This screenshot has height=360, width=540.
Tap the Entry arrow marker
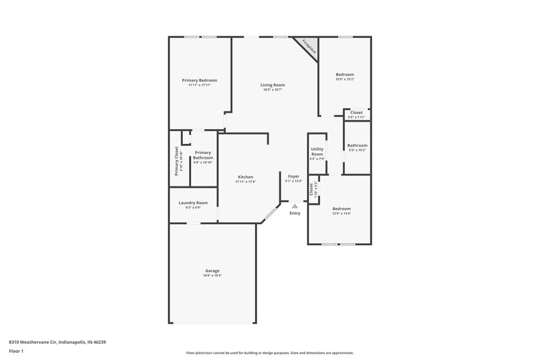(x=294, y=206)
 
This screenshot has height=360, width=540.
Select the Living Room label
(x=273, y=85)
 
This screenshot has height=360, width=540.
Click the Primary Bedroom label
(x=199, y=80)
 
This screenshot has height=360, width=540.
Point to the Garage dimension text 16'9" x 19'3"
(x=212, y=276)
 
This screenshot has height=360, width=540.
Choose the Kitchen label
(x=245, y=177)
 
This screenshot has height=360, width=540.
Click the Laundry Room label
(x=193, y=203)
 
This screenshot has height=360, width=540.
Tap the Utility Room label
(x=317, y=151)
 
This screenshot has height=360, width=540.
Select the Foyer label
(x=294, y=176)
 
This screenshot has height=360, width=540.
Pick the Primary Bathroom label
(x=203, y=155)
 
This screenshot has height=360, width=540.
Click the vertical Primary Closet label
(x=177, y=161)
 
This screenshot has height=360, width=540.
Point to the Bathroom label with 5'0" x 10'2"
(x=357, y=146)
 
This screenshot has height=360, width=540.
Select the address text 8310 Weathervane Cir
(x=57, y=342)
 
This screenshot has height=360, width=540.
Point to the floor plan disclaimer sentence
(x=269, y=353)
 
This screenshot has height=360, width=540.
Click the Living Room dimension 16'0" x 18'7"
(x=273, y=90)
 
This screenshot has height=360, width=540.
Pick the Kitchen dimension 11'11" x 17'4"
(x=245, y=182)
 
